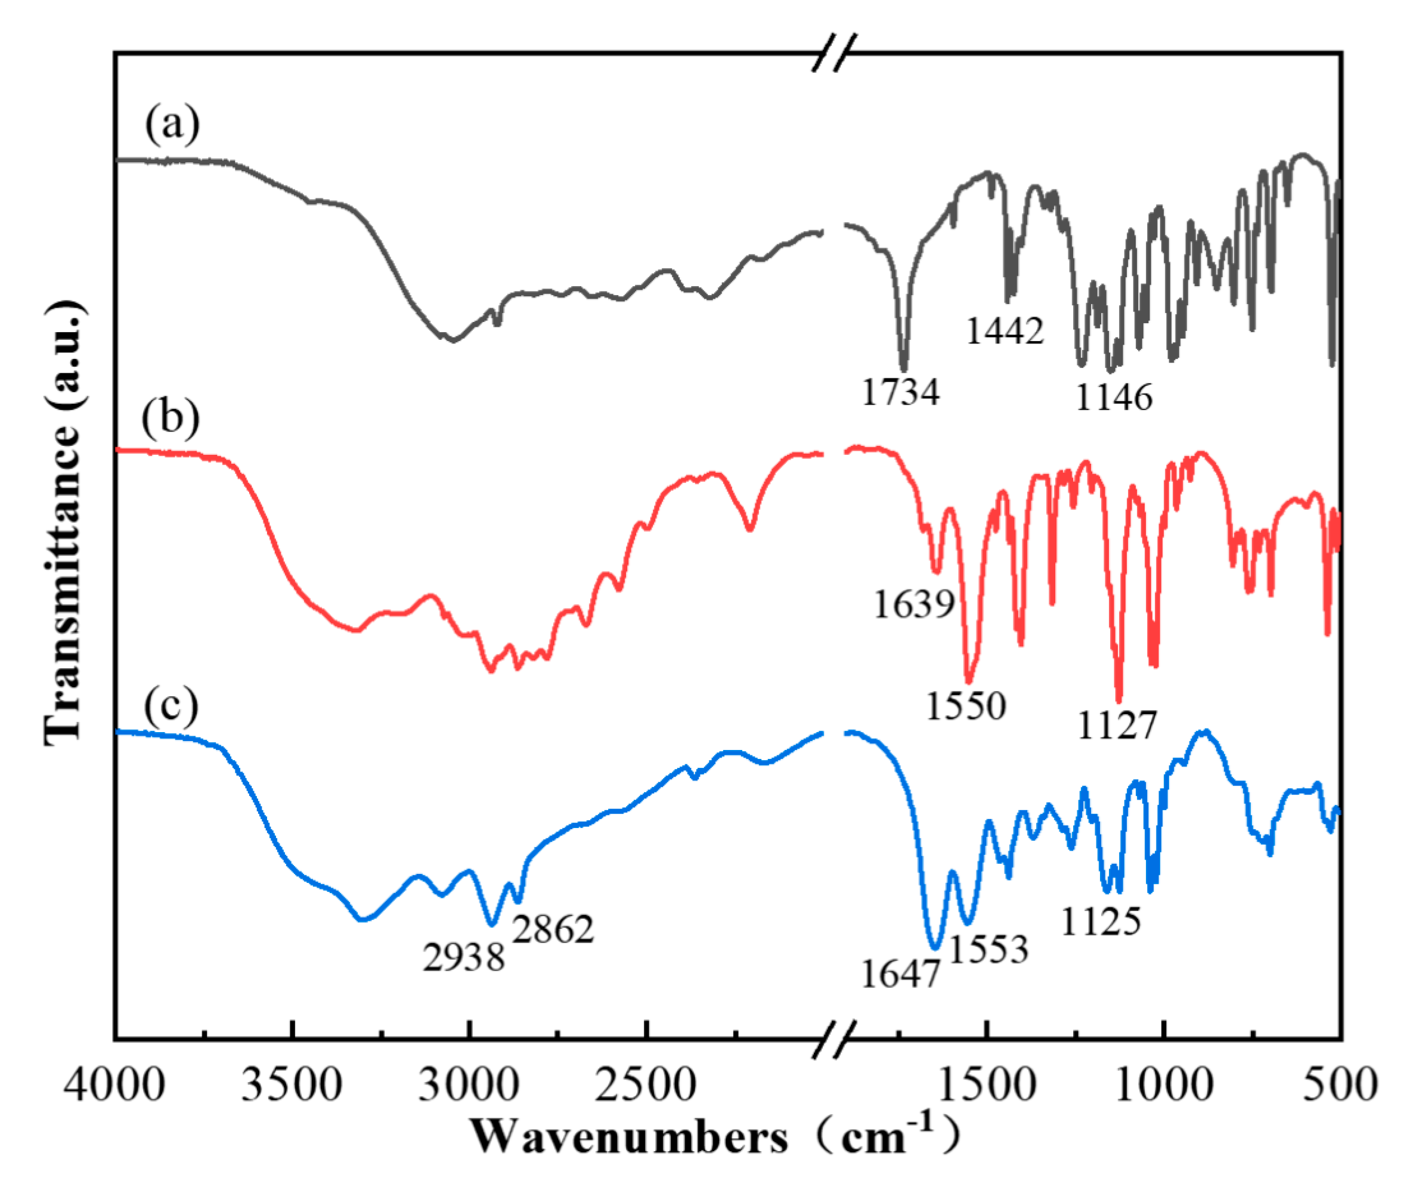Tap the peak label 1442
tap(1005, 330)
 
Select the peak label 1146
tap(1114, 398)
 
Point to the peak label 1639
tap(914, 604)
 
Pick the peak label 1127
tap(1117, 725)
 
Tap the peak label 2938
tap(463, 957)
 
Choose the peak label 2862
tap(553, 929)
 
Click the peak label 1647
tap(900, 974)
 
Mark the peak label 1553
tap(988, 949)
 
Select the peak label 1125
tap(1101, 921)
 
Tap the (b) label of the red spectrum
tap(171, 417)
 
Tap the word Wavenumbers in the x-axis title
tap(629, 1137)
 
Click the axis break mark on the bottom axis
tap(835, 1040)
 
